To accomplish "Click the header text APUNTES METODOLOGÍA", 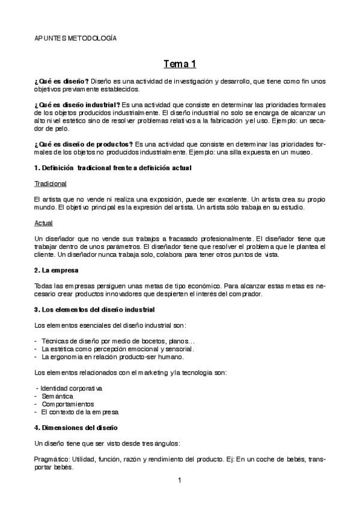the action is click(75, 38).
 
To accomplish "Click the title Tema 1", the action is click(180, 63).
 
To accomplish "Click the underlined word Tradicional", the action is click(50, 183).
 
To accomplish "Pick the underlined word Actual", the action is click(43, 223).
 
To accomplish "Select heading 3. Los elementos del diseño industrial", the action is click(94, 309).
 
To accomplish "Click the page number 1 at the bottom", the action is click(180, 480).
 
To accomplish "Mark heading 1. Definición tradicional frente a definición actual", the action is click(113, 167).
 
